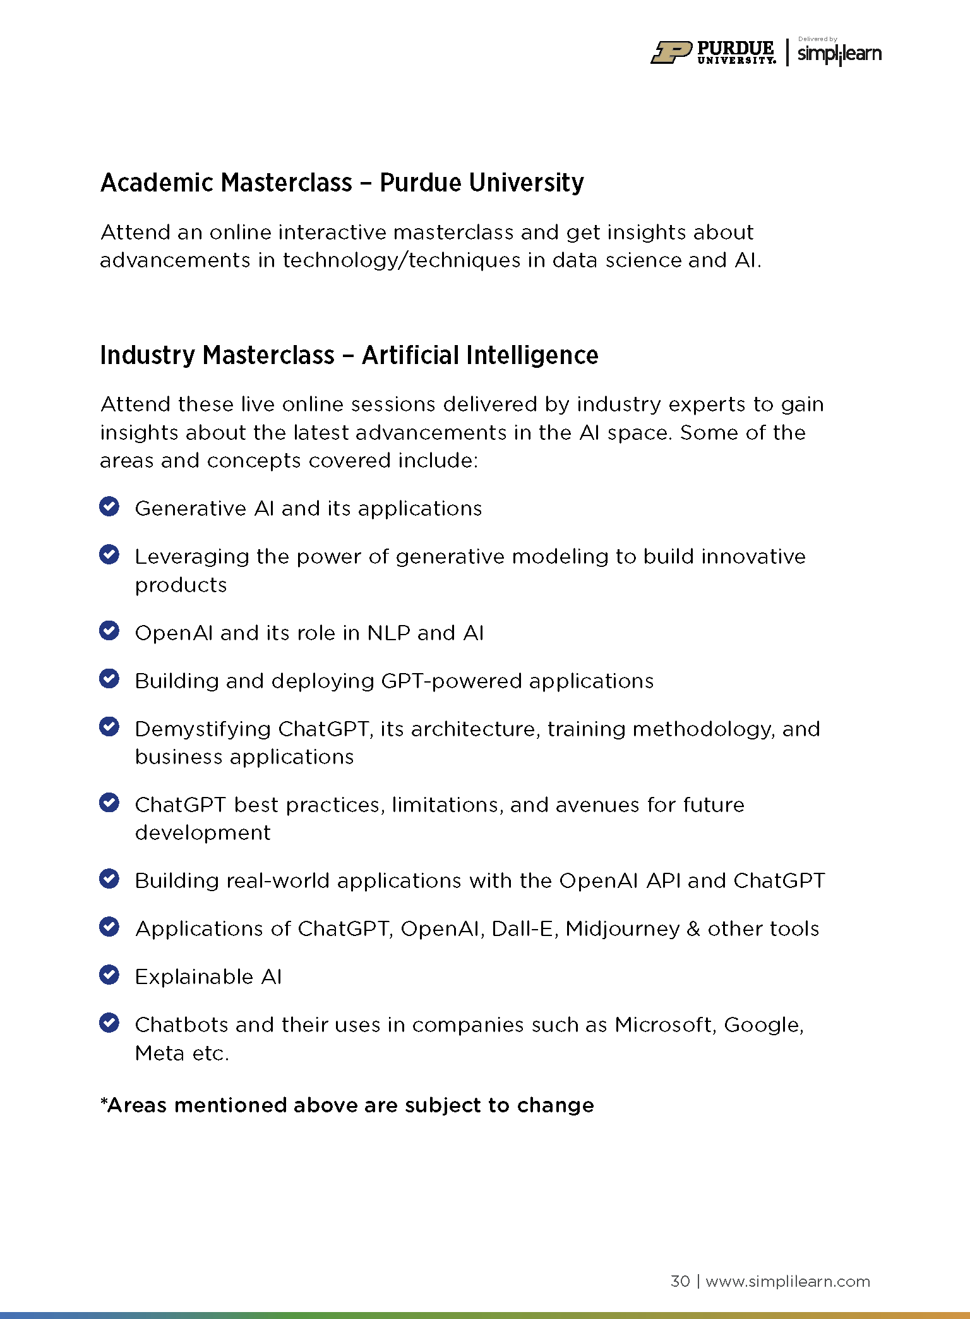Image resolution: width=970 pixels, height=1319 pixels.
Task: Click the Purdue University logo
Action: pyautogui.click(x=713, y=52)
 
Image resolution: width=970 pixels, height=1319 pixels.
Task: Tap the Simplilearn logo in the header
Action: pyautogui.click(x=839, y=54)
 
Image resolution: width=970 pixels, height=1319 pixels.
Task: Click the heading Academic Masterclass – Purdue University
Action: pyautogui.click(x=342, y=183)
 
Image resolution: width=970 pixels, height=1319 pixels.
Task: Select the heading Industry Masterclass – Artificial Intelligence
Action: pyautogui.click(x=349, y=355)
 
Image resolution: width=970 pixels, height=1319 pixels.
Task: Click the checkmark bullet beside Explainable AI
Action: pyautogui.click(x=109, y=975)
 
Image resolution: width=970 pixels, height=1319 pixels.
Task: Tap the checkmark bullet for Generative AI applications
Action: pyautogui.click(x=109, y=507)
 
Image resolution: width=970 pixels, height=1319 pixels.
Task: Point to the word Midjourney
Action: pyautogui.click(x=622, y=929)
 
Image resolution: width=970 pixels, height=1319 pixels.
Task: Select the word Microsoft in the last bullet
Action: pyautogui.click(x=665, y=1024)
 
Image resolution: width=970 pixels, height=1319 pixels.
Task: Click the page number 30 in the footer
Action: pyautogui.click(x=680, y=1281)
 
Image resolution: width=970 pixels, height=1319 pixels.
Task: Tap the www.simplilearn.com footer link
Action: pyautogui.click(x=787, y=1281)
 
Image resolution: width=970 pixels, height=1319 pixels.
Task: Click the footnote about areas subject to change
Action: pyautogui.click(x=347, y=1105)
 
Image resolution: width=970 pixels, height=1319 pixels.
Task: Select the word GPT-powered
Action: pyautogui.click(x=451, y=681)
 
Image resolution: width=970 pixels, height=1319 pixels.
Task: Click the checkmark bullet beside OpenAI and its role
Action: pyautogui.click(x=109, y=631)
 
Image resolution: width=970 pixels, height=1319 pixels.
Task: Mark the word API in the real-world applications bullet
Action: pyautogui.click(x=663, y=880)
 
